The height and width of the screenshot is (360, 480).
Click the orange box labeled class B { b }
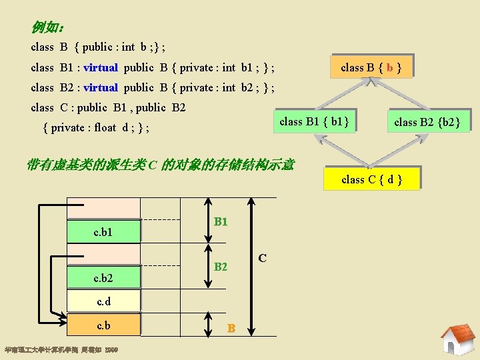(x=371, y=67)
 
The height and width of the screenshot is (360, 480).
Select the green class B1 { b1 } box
(x=314, y=121)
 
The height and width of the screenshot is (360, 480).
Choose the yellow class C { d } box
(x=371, y=179)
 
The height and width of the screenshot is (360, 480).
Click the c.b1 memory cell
(x=103, y=231)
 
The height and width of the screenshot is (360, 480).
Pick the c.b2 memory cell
(x=103, y=277)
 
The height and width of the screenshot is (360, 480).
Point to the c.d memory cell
(x=103, y=301)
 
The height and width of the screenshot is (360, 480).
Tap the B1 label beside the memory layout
(x=221, y=221)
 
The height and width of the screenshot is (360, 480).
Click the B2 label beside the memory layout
(x=221, y=267)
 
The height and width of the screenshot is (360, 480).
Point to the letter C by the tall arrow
(x=263, y=257)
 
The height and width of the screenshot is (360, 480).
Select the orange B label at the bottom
(x=231, y=328)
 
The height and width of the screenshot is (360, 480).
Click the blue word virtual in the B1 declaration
(x=101, y=67)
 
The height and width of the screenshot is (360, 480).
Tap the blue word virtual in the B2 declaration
(x=101, y=87)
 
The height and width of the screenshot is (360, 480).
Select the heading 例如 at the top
(x=47, y=28)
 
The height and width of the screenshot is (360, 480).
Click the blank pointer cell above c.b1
(x=103, y=209)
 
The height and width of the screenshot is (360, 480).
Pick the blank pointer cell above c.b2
(x=103, y=255)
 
